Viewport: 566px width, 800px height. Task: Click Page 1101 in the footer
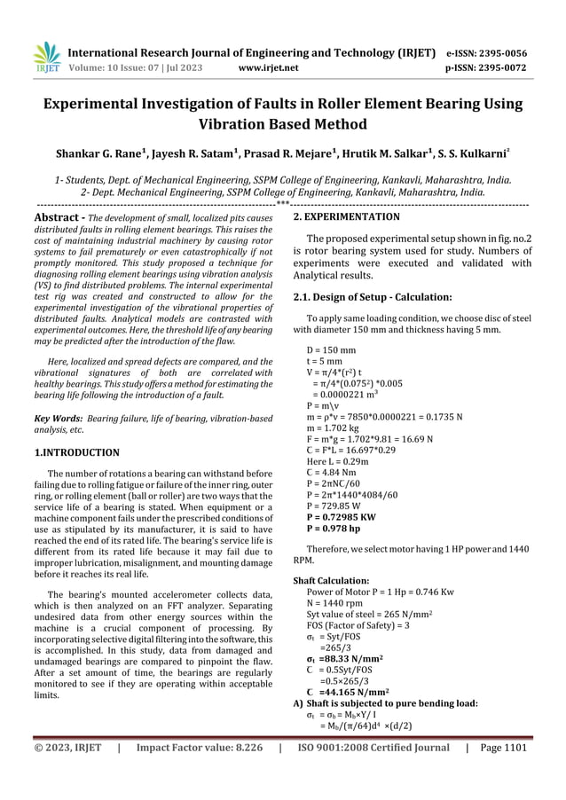[x=501, y=773]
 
